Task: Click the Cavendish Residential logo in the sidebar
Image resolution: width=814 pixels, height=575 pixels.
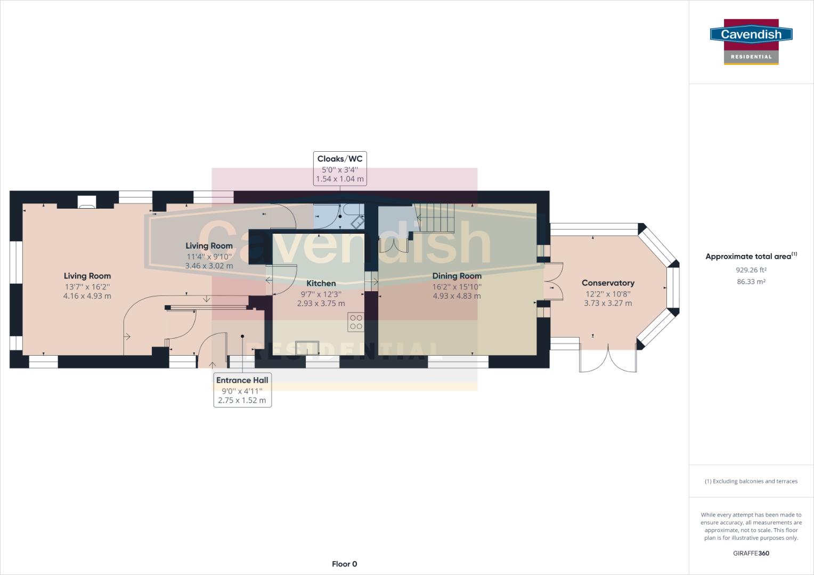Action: point(751,42)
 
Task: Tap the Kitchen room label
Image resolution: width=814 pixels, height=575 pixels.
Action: point(321,283)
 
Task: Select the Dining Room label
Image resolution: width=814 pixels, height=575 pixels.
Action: point(457,276)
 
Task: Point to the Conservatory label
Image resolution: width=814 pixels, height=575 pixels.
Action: point(608,283)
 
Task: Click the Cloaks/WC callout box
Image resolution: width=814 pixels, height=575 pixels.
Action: point(340,169)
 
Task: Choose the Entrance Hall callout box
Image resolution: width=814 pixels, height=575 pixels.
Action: point(242,390)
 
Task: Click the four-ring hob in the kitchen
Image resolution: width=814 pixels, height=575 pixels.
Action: point(356,322)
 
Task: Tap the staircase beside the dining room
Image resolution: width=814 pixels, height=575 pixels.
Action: point(435,218)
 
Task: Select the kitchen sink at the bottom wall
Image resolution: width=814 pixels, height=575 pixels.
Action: point(307,348)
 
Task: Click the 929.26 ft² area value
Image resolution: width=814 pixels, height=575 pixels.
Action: point(751,270)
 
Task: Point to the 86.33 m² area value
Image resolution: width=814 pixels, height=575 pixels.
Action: point(751,282)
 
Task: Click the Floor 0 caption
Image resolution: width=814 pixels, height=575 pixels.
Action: point(345,564)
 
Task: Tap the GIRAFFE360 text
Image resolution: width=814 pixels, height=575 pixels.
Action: point(751,553)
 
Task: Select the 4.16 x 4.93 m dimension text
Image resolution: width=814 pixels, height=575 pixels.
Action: point(87,296)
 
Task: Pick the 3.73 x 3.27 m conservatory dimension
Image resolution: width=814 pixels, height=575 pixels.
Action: point(608,303)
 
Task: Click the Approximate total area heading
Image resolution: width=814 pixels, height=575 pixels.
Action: point(751,256)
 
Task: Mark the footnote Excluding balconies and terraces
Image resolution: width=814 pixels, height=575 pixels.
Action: point(751,481)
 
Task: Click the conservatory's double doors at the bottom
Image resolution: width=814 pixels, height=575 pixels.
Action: point(608,359)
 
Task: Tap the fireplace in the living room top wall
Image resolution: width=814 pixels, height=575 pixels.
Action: point(87,202)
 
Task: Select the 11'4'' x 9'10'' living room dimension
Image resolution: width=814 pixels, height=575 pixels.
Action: point(209,257)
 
